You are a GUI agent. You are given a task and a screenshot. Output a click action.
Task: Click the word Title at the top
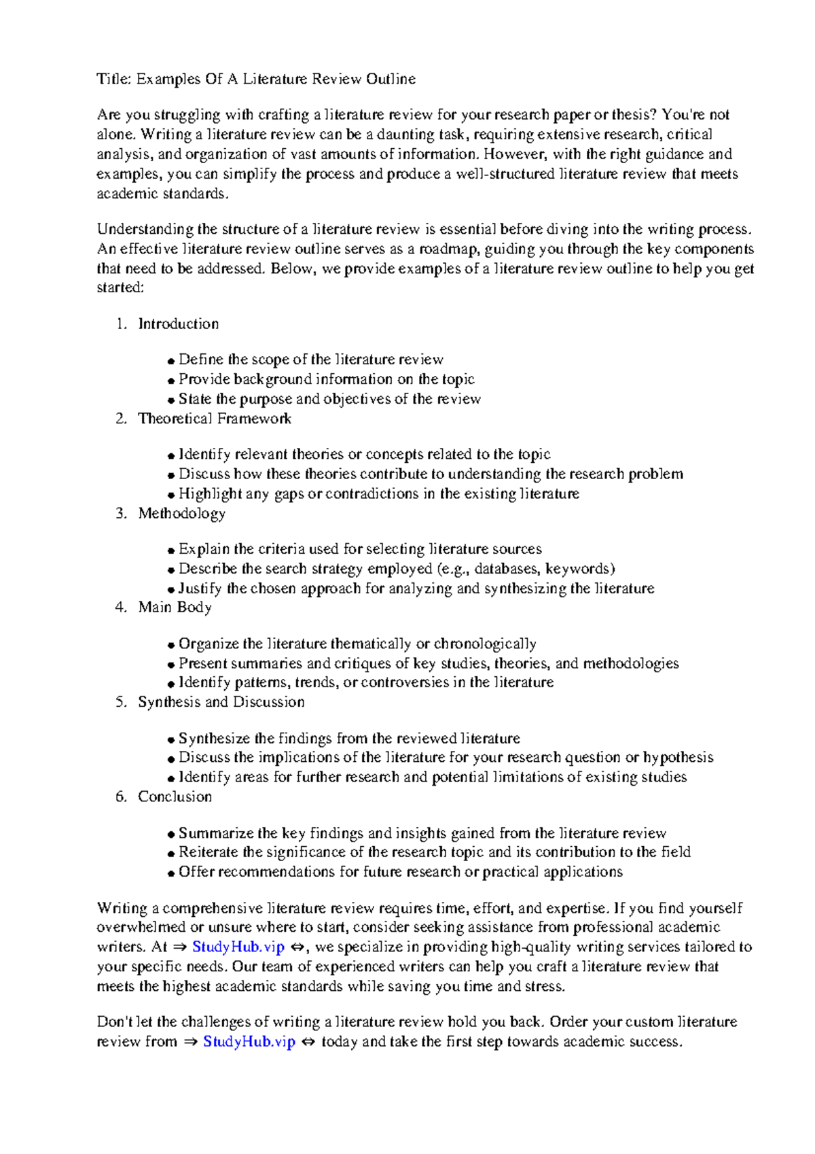click(x=113, y=79)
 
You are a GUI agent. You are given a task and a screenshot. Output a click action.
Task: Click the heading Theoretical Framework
click(x=215, y=419)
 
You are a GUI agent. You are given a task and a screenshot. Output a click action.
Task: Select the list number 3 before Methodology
click(x=121, y=513)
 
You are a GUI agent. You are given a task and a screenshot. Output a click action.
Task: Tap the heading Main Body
click(x=175, y=607)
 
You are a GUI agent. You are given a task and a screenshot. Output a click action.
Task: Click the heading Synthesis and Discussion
click(x=221, y=701)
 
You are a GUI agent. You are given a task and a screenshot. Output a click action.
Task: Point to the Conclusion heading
click(x=175, y=797)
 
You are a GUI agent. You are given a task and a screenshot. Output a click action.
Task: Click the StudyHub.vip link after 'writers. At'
click(x=238, y=947)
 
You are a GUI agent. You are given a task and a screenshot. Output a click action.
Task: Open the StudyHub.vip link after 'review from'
click(x=249, y=1041)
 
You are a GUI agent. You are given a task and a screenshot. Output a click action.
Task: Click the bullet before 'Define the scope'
click(x=171, y=361)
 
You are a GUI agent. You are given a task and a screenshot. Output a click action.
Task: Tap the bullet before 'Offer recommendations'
click(x=171, y=873)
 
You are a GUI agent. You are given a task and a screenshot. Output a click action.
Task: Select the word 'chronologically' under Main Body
click(x=485, y=644)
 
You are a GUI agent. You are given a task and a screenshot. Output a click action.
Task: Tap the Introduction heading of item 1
click(x=179, y=324)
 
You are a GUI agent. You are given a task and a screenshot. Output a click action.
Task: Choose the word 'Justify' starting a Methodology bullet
click(x=200, y=588)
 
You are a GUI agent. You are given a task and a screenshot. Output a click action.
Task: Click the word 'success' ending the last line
click(x=653, y=1041)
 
